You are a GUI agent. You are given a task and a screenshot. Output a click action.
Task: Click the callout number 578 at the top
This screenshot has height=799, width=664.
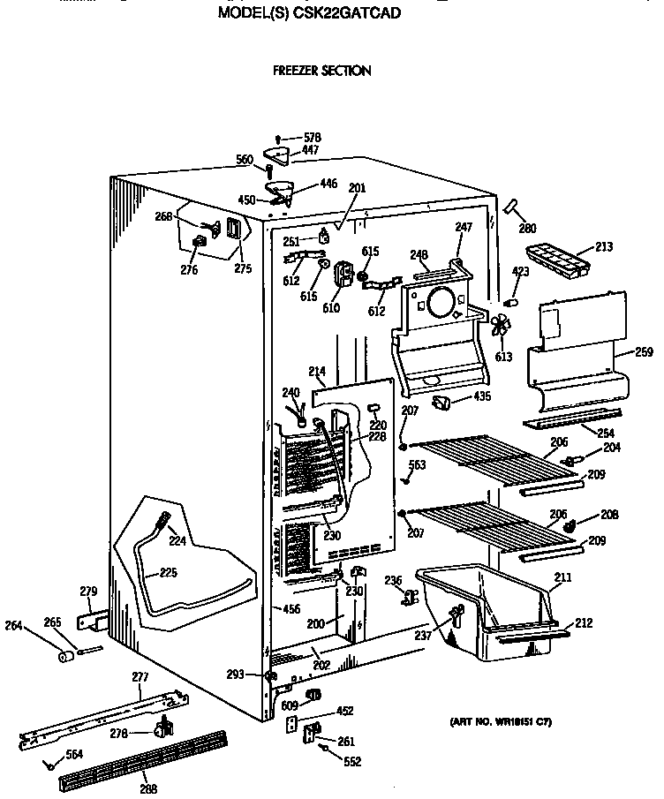tap(312, 138)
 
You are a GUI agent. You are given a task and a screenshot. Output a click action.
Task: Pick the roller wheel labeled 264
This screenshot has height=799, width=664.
tap(64, 656)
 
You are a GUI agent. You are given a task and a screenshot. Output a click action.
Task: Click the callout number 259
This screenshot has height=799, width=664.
tap(644, 352)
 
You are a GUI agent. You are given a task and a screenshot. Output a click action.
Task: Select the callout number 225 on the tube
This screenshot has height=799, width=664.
tap(168, 572)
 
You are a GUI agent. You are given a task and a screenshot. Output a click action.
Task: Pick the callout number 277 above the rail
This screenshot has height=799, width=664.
tap(140, 677)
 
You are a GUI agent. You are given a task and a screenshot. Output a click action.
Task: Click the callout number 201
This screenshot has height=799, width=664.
tap(356, 187)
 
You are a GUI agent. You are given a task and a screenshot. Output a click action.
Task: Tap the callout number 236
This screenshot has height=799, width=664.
tap(393, 579)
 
